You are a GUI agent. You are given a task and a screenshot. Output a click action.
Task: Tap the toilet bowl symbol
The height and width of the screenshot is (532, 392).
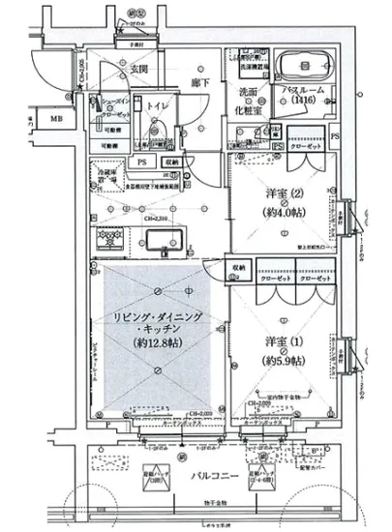click(x=158, y=132)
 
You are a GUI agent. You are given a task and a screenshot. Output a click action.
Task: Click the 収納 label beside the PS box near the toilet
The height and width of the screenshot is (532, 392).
click(x=170, y=163)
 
